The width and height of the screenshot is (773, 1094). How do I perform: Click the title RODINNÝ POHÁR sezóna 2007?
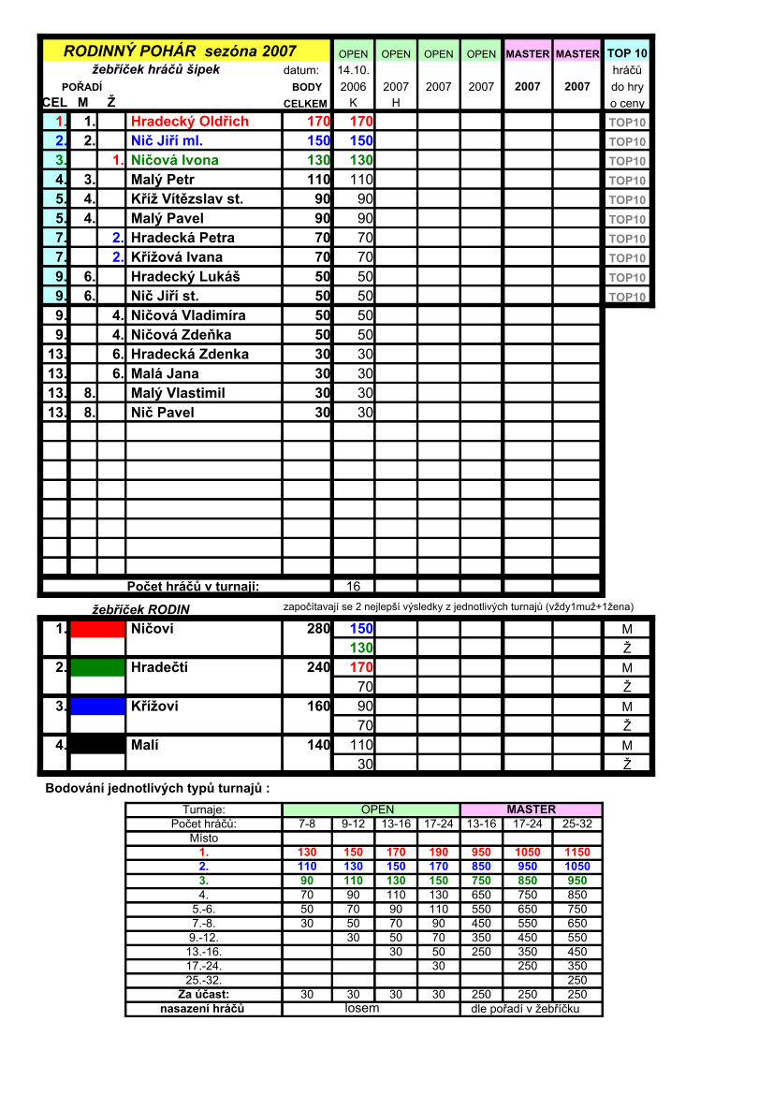(180, 51)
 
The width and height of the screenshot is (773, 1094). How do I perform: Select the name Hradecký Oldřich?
(190, 122)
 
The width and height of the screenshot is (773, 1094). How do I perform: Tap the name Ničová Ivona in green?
(175, 160)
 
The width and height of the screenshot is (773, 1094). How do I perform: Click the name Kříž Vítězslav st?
(187, 198)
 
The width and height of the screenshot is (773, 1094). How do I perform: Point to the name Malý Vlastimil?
(178, 393)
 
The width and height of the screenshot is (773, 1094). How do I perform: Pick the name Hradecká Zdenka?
(190, 354)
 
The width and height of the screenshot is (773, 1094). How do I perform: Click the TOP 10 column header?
(627, 53)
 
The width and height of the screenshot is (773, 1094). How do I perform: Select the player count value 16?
(354, 587)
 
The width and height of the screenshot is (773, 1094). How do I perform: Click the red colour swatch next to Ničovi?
(97, 629)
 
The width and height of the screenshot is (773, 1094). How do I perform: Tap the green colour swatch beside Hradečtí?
(97, 667)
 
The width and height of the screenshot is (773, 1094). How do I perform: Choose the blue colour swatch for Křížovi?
(97, 706)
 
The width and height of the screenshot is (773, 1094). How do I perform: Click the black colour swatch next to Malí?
(97, 745)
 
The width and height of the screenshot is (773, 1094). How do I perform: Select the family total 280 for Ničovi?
(318, 629)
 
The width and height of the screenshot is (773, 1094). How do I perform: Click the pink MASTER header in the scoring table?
(531, 810)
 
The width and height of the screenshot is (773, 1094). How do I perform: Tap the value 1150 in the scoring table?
(577, 853)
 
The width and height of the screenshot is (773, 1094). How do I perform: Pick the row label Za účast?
(204, 994)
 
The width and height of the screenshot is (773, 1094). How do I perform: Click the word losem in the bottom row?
(361, 1009)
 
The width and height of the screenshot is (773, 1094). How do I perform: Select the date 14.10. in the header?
(354, 70)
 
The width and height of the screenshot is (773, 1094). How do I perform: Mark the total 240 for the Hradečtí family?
(318, 667)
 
